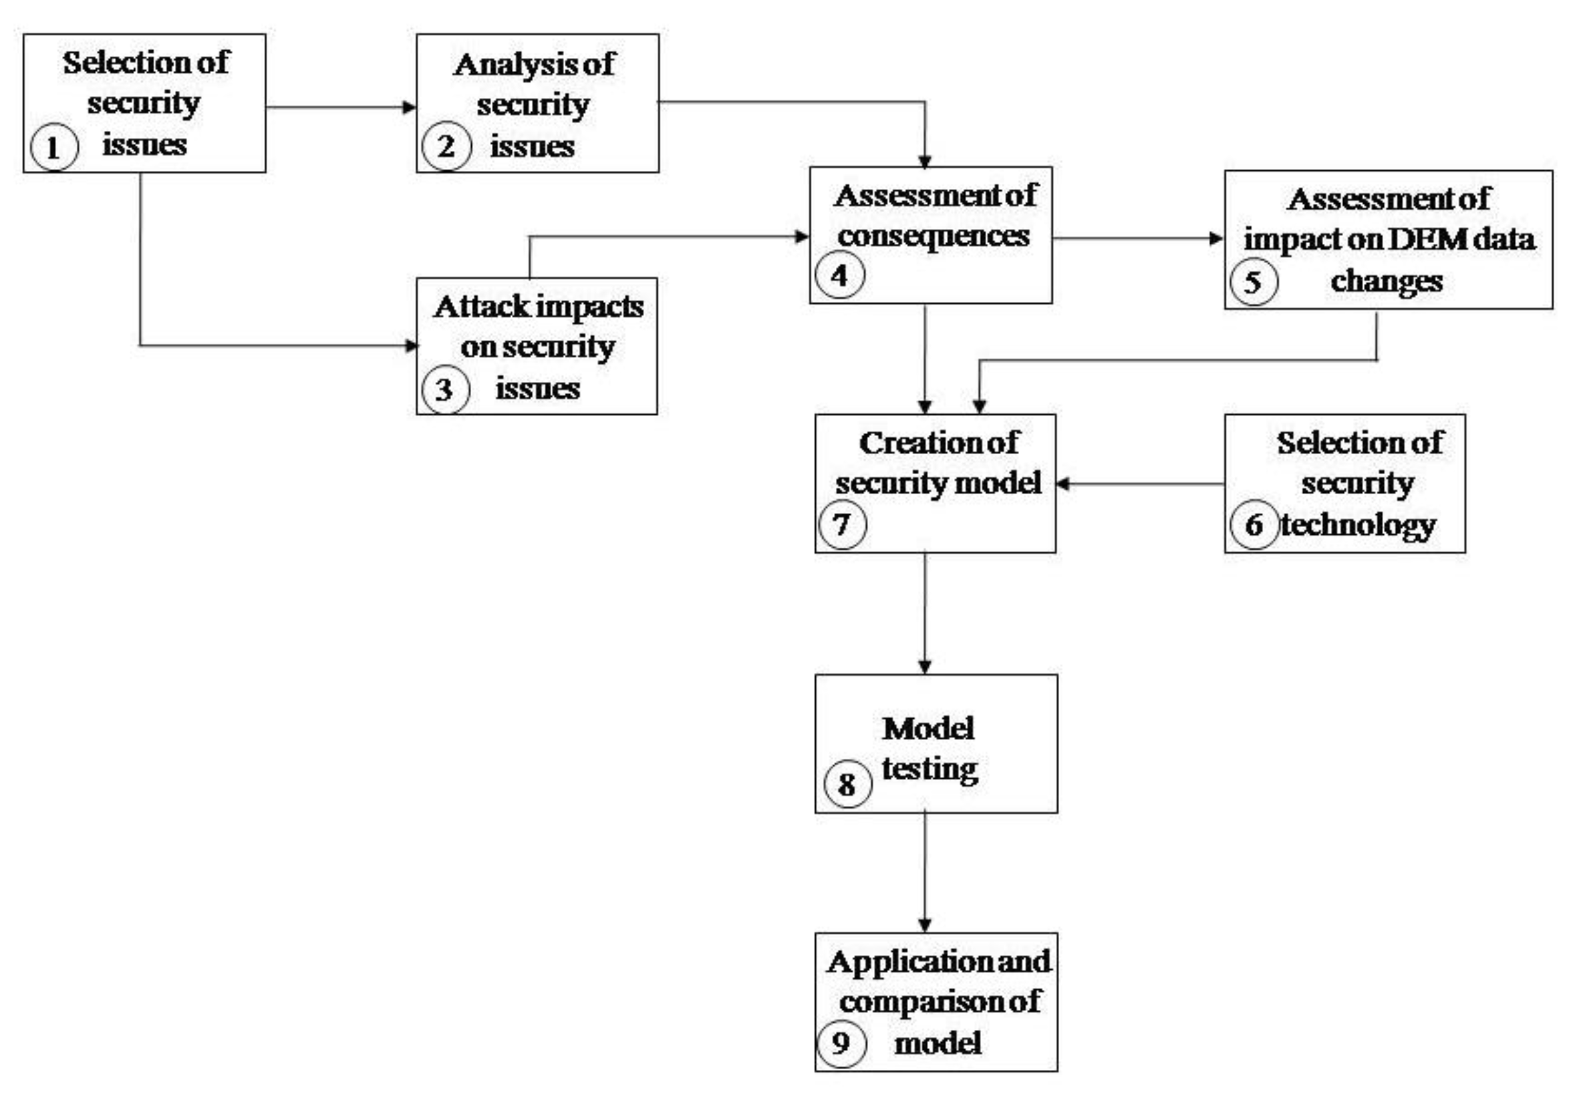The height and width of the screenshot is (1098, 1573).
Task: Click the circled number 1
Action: coord(54,147)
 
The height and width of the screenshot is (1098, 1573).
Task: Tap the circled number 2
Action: coord(446,146)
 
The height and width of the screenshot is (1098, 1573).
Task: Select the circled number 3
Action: coord(445,390)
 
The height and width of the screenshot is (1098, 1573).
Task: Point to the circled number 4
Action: coord(840,275)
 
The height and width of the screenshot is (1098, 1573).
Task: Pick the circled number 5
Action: coord(1253,282)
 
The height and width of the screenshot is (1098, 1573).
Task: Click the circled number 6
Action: coord(1254,525)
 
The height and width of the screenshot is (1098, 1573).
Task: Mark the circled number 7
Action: coord(842,525)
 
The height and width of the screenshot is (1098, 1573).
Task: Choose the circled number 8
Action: coord(847,783)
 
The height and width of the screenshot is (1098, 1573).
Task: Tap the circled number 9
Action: coord(841,1043)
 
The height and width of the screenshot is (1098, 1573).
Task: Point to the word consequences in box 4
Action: coord(933,236)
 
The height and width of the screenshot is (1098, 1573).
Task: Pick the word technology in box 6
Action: coord(1358,526)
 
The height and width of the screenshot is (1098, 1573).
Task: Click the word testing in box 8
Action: coord(929,769)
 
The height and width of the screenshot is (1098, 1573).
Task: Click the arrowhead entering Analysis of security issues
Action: coord(409,108)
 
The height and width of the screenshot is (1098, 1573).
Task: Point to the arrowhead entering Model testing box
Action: coord(924,667)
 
